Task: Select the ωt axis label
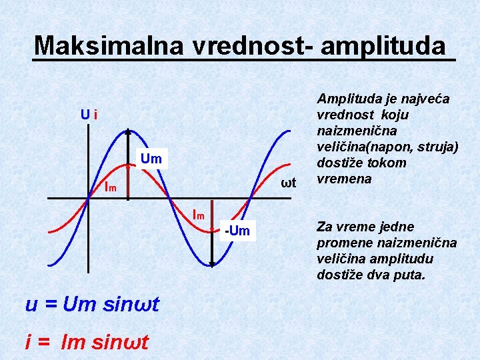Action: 288,183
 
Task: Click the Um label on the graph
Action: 151,159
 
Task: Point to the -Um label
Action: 237,231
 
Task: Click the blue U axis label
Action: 85,115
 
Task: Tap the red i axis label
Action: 96,115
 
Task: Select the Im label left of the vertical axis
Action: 110,187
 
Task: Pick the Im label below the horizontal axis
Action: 198,215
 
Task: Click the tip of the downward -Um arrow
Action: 211,266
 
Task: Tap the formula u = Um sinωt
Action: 92,305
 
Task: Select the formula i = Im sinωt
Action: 87,342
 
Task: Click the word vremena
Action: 344,179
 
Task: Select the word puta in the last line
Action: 409,274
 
